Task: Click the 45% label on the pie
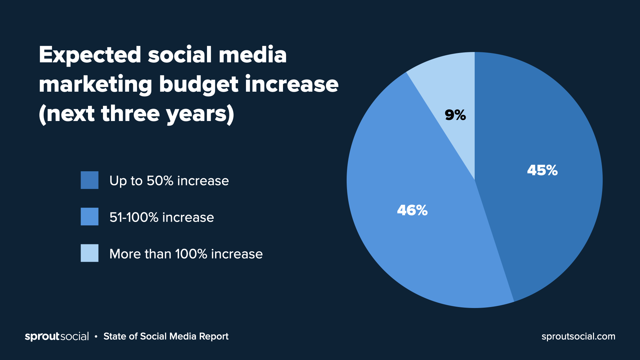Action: (542, 170)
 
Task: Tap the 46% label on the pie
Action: (412, 210)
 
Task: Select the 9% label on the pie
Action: (455, 115)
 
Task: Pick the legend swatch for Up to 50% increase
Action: (89, 180)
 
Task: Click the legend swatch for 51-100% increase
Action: (89, 217)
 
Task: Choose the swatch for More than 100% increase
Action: (89, 253)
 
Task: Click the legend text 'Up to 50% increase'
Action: (169, 181)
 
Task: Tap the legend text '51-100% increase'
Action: (162, 217)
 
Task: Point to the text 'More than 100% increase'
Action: (186, 254)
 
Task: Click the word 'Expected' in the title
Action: (90, 55)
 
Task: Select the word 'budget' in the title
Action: (199, 85)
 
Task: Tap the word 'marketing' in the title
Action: (96, 85)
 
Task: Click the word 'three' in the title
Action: (130, 114)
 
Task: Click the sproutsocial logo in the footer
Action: (57, 336)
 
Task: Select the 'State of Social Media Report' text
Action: (166, 336)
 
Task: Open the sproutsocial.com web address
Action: (578, 336)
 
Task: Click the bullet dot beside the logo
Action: (96, 337)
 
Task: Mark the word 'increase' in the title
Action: (292, 85)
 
